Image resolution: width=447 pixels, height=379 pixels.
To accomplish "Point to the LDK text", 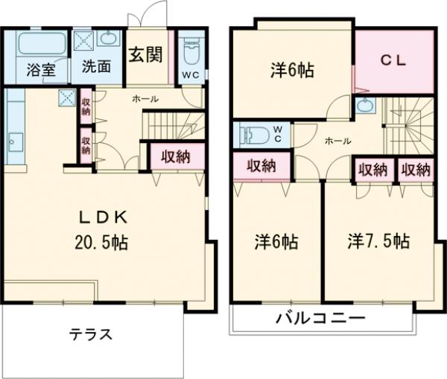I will coord(105,217).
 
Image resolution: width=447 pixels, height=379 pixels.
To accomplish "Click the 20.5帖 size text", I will coord(105,242).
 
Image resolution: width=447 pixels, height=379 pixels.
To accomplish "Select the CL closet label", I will coord(395,62).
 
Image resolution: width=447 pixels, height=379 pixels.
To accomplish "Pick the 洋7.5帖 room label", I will coord(378,241).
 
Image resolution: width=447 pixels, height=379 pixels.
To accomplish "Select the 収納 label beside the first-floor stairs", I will coord(173,156).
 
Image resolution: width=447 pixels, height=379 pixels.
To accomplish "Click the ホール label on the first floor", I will coord(144,99).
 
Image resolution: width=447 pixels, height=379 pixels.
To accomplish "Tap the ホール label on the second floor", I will coord(339,140).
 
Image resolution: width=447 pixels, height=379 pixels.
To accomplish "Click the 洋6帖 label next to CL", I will coord(291,71).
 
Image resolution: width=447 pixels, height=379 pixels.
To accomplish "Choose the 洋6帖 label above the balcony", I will coord(276,242).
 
